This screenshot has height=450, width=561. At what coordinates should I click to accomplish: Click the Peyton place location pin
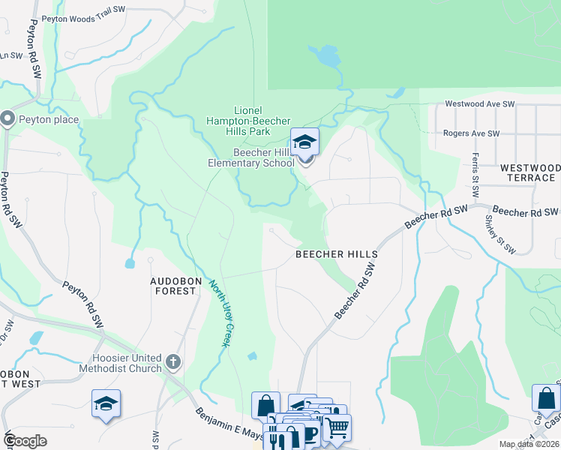tap(8, 118)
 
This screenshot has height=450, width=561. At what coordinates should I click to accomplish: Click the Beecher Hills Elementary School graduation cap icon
tap(304, 142)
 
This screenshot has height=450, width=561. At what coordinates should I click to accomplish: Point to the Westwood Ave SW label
tap(480, 103)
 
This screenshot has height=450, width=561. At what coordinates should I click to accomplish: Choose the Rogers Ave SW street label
tap(471, 133)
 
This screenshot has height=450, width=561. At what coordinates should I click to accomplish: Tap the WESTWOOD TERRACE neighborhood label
tap(529, 172)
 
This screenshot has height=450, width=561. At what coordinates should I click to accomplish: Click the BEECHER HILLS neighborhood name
tap(336, 254)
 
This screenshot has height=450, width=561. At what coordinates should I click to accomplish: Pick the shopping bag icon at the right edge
tap(546, 399)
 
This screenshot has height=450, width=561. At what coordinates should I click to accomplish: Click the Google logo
tap(25, 441)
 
